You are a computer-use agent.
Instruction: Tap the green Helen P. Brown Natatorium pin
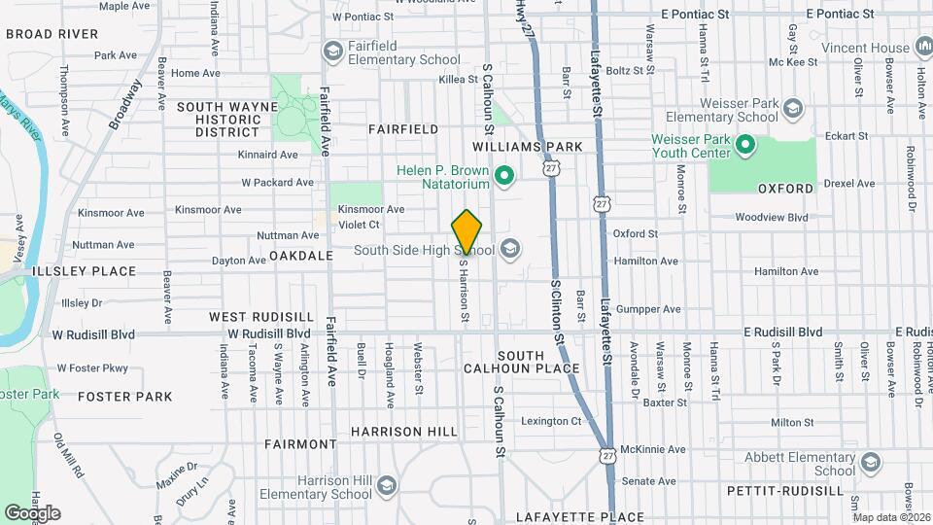pyautogui.click(x=503, y=177)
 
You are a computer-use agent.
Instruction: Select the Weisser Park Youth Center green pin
pyautogui.click(x=745, y=146)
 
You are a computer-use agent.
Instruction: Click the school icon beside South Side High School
pyautogui.click(x=510, y=251)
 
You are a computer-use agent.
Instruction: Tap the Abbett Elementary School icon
pyautogui.click(x=870, y=462)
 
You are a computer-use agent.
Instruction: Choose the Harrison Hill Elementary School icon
pyautogui.click(x=387, y=485)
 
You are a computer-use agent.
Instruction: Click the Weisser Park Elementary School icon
pyautogui.click(x=794, y=108)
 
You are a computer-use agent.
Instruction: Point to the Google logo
pyautogui.click(x=32, y=512)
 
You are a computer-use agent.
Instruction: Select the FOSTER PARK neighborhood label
pyautogui.click(x=124, y=397)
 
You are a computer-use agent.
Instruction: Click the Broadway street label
pyautogui.click(x=126, y=103)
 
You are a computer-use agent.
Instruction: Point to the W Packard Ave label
pyautogui.click(x=278, y=182)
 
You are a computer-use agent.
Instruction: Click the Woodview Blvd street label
pyautogui.click(x=772, y=218)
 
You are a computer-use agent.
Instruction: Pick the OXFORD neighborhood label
pyautogui.click(x=785, y=188)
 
